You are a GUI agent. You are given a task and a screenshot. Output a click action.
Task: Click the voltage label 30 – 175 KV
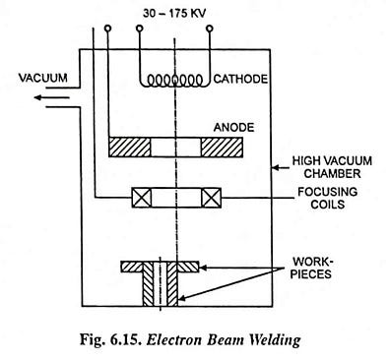175,13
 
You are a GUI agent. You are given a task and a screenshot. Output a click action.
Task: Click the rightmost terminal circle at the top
211,29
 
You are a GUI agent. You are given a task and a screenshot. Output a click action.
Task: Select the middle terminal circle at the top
174,29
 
